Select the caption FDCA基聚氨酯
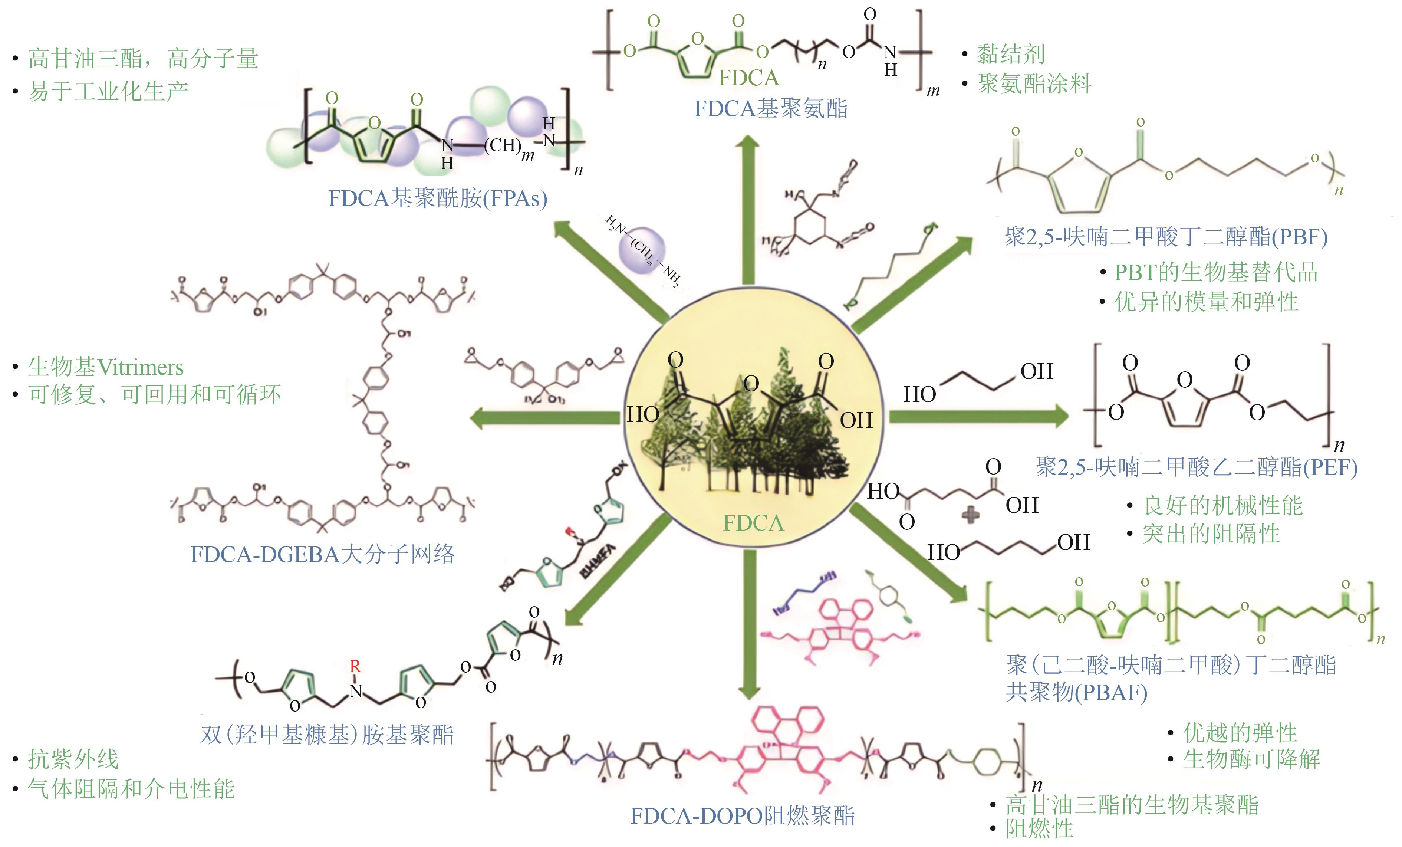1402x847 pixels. click(x=771, y=108)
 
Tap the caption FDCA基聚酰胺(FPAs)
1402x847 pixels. click(x=438, y=198)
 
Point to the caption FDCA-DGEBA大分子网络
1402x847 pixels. click(x=323, y=554)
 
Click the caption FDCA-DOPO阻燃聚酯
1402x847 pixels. click(x=743, y=816)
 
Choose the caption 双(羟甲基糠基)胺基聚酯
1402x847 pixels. click(x=327, y=735)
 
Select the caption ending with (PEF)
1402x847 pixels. click(x=1197, y=467)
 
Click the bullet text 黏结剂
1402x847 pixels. click(x=1011, y=55)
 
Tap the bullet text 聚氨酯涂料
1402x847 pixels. click(x=1034, y=84)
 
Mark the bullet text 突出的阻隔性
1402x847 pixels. click(x=1211, y=534)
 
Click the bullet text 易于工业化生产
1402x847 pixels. click(x=108, y=91)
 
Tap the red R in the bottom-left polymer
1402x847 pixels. click(x=355, y=666)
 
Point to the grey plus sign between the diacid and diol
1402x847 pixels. click(x=970, y=515)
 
